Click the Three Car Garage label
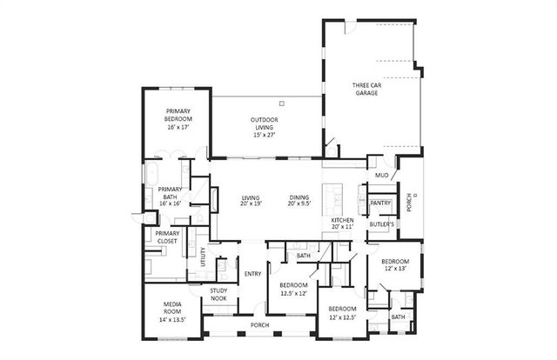pos(366,88)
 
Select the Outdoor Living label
pos(263,127)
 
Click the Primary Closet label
pos(166,237)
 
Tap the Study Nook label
pos(218,296)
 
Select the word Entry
pos(252,275)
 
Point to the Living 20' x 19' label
pos(251,201)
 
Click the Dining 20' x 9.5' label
pos(299,201)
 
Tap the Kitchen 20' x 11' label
pos(342,224)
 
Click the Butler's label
pos(381,224)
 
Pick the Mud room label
pos(381,176)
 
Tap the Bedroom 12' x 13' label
pos(394,265)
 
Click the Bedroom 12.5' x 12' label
pos(293,289)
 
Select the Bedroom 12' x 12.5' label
pos(341,312)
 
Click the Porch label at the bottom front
pos(259,326)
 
